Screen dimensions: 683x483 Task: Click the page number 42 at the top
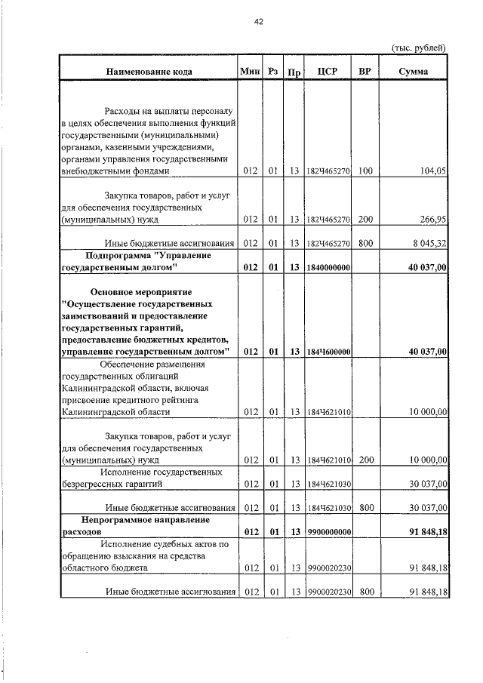[x=258, y=22]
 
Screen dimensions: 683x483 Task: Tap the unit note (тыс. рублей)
[x=418, y=48]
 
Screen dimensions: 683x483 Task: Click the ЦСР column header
[x=328, y=72]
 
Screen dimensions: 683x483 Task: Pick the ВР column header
[x=365, y=72]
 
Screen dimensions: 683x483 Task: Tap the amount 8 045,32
[x=429, y=243]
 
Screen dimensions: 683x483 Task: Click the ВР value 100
[x=365, y=171]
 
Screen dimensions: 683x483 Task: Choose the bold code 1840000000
[x=328, y=267]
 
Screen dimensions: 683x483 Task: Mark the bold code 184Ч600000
[x=328, y=352]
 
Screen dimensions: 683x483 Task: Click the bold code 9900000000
[x=328, y=533]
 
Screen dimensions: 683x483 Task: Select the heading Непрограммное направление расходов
[x=136, y=526]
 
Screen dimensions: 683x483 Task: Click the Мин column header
[x=250, y=72]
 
